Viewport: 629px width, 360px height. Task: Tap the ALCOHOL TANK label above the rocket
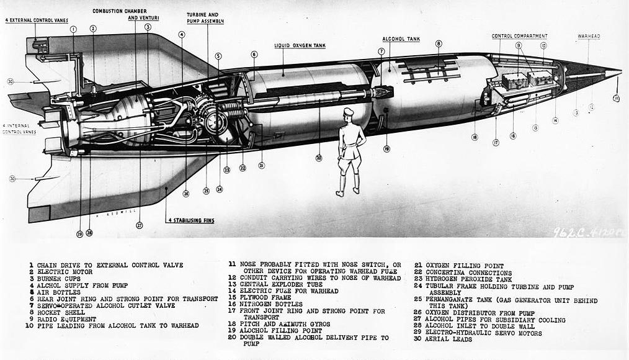click(x=401, y=38)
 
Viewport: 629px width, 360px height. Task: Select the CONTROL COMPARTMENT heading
click(x=519, y=36)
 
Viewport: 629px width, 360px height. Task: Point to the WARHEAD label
click(x=589, y=36)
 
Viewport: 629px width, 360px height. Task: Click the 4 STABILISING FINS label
click(x=190, y=220)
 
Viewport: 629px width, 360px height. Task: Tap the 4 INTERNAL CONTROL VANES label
click(x=19, y=128)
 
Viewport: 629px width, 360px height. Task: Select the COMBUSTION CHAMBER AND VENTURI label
click(x=127, y=14)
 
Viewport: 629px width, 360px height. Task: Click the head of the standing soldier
click(x=348, y=114)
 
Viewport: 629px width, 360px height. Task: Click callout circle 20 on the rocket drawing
click(x=319, y=158)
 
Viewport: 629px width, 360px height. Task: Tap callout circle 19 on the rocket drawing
click(x=386, y=149)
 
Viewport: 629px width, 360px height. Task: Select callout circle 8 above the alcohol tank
click(x=439, y=44)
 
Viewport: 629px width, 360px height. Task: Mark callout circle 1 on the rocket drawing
click(x=73, y=29)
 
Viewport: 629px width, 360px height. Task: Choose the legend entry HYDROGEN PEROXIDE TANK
click(x=470, y=279)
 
